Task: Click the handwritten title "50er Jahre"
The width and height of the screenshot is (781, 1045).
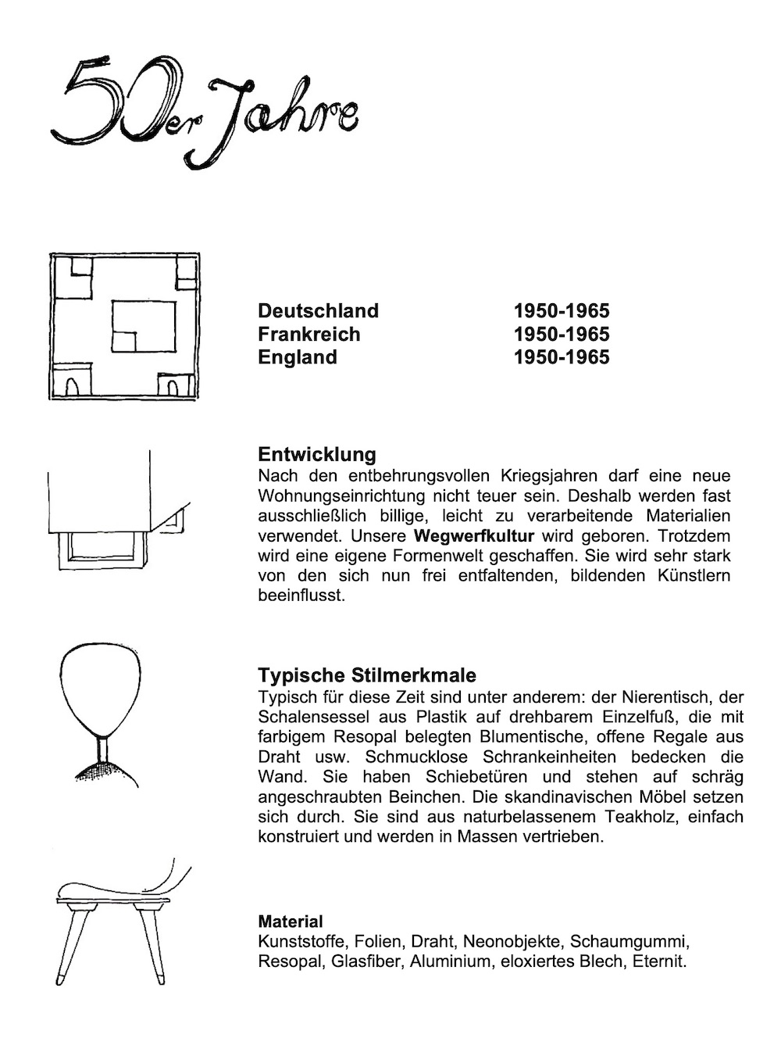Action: point(205,109)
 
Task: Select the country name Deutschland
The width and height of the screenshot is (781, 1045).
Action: point(318,310)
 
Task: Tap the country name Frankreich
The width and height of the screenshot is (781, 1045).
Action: point(309,334)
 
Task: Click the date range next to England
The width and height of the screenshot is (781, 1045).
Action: point(561,357)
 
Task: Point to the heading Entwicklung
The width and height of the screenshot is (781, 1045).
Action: point(316,454)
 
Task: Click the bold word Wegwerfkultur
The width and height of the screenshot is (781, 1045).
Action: point(473,536)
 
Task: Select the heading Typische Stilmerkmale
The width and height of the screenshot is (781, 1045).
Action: point(366,675)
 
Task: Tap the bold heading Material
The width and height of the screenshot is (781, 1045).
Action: point(290,922)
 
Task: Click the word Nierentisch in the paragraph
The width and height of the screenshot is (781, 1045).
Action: point(666,696)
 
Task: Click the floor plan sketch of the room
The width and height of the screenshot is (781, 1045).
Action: point(124,327)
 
